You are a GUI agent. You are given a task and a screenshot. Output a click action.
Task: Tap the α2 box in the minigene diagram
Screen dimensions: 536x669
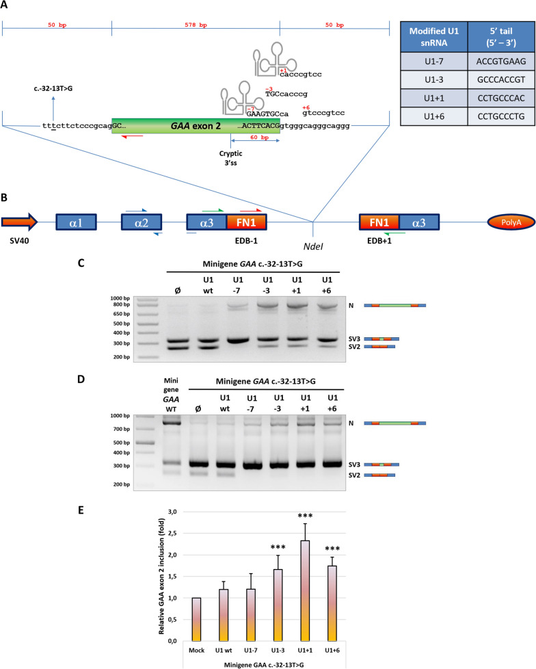(x=142, y=222)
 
